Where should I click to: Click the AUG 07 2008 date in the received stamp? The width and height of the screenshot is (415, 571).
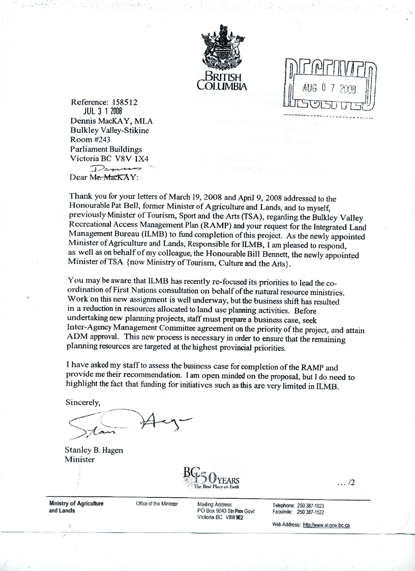point(330,87)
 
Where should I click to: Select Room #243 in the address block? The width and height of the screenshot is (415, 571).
point(90,139)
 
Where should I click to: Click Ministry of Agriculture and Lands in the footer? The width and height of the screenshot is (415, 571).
point(76,506)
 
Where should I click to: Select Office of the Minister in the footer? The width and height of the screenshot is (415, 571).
point(157,504)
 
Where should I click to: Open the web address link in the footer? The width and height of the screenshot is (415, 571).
point(326,525)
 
